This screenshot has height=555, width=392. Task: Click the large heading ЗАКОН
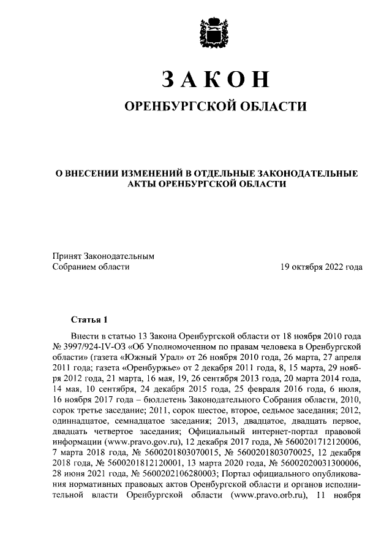point(215,80)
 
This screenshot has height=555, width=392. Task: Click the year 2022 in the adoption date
point(333,267)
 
